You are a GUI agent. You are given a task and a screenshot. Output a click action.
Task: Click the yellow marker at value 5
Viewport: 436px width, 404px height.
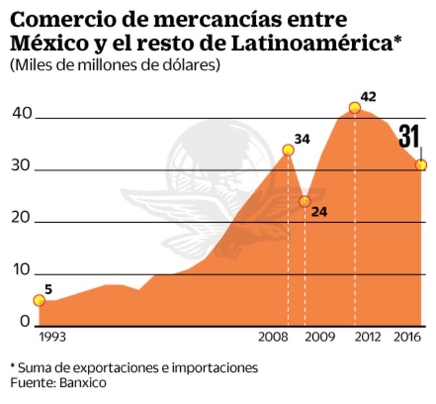point(39,300)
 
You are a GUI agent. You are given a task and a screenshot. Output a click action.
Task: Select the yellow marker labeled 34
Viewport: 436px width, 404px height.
point(288,150)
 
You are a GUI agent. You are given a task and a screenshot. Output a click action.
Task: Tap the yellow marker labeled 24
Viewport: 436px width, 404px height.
point(305,201)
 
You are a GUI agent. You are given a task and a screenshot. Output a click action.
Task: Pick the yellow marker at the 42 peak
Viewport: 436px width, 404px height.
point(355,108)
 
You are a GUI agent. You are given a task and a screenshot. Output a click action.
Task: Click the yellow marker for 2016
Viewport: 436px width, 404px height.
point(421,165)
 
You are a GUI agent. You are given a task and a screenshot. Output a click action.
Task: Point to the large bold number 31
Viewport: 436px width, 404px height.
point(409,137)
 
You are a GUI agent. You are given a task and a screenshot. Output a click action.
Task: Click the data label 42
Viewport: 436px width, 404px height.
point(368,96)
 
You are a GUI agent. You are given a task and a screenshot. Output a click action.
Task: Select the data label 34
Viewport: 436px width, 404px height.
point(302,139)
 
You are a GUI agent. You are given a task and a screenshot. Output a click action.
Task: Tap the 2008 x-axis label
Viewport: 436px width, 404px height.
point(273,337)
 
